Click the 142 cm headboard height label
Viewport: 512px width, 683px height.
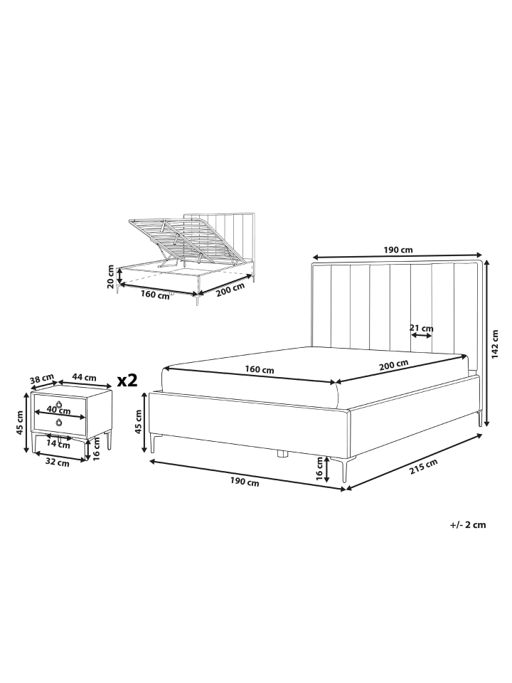pyautogui.click(x=495, y=342)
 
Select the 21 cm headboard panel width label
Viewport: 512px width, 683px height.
pyautogui.click(x=422, y=327)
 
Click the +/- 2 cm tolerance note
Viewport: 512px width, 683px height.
pyautogui.click(x=468, y=524)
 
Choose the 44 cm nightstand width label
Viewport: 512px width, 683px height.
pyautogui.click(x=84, y=378)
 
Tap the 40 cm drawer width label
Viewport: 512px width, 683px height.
pyautogui.click(x=59, y=410)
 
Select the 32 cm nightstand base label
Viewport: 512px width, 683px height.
pyautogui.click(x=58, y=463)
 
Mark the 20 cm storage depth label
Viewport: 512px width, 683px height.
pyautogui.click(x=111, y=277)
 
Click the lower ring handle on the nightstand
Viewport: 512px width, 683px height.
pyautogui.click(x=58, y=422)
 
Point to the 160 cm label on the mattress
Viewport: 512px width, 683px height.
pyautogui.click(x=260, y=370)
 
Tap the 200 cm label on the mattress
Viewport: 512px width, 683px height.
pyautogui.click(x=393, y=364)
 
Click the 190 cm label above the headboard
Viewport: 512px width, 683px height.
pyautogui.click(x=398, y=250)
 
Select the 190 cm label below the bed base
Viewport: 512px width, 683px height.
pyautogui.click(x=245, y=482)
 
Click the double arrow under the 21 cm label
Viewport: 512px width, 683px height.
pyautogui.click(x=422, y=336)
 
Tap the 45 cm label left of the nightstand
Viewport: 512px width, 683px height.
pyautogui.click(x=19, y=423)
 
